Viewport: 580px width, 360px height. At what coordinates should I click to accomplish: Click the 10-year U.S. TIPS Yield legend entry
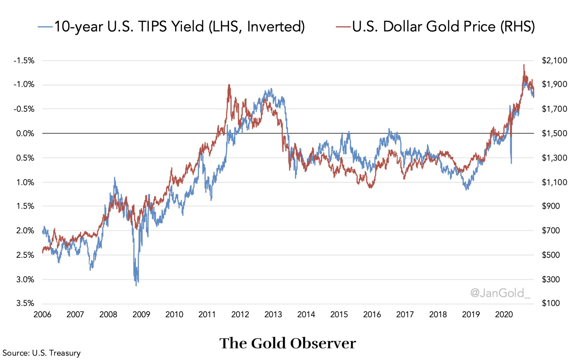[171, 27]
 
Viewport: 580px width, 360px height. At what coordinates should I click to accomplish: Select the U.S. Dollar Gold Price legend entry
[435, 27]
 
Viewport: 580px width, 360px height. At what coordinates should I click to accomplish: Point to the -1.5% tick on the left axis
[24, 61]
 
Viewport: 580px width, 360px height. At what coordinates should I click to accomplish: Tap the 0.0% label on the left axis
[25, 133]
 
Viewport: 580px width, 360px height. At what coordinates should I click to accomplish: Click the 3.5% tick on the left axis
[25, 303]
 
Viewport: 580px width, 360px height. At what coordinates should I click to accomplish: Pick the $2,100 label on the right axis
[554, 61]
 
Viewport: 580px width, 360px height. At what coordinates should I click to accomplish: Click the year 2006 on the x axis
[42, 315]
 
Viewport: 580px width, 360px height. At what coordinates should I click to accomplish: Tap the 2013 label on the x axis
[273, 315]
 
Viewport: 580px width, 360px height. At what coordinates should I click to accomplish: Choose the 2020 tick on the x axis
[504, 315]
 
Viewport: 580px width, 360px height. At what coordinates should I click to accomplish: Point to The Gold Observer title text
[288, 343]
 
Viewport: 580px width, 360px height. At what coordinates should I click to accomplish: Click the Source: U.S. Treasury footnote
[42, 353]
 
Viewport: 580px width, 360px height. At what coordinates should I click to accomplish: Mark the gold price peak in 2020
[524, 65]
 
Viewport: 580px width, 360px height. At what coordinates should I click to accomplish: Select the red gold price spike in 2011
[229, 85]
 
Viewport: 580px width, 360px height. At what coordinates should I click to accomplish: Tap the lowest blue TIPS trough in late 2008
[136, 285]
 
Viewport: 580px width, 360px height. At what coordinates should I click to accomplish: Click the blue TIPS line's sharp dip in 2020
[511, 163]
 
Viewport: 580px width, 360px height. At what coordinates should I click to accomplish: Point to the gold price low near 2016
[371, 187]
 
